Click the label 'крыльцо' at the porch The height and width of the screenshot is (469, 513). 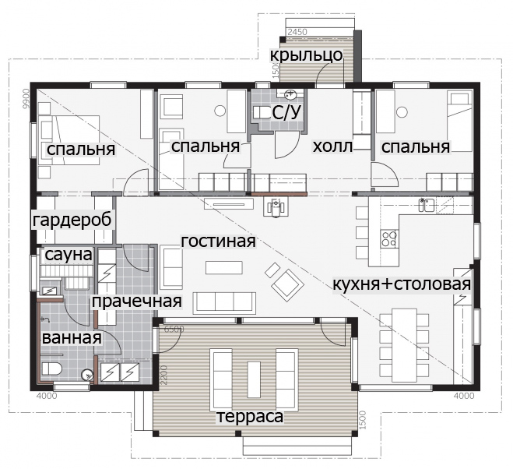point(306,55)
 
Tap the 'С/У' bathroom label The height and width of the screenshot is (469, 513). point(286,113)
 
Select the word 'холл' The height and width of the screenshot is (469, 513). point(332,146)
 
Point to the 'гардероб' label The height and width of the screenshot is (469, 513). point(72,220)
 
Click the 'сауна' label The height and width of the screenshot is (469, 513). point(69,255)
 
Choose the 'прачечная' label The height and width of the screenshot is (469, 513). point(136,301)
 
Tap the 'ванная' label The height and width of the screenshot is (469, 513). point(72,337)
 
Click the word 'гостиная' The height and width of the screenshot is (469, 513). point(218,242)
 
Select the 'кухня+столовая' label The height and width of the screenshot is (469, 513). point(402,284)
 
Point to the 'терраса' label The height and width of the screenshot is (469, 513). point(250,417)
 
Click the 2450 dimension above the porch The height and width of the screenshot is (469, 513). point(297,32)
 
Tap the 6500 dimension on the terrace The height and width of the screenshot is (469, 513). point(174,329)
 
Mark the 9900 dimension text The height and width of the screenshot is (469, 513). point(26,99)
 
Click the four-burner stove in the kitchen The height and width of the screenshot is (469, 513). point(389,238)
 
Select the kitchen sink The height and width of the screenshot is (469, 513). point(427,206)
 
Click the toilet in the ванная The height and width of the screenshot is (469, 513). point(51,369)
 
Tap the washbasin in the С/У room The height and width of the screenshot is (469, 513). point(290,94)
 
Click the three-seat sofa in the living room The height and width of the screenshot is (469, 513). point(224,301)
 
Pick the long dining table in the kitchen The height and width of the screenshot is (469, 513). point(404,345)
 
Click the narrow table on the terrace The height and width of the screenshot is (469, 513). point(254,379)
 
